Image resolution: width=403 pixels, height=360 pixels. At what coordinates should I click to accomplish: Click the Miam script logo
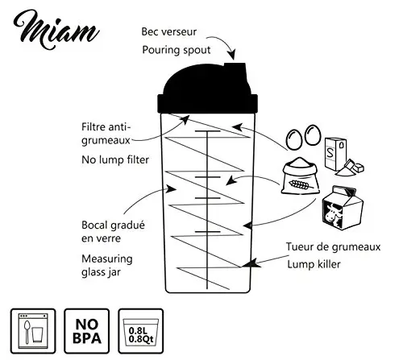(56, 30)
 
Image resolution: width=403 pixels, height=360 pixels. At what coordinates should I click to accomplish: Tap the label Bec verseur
(169, 31)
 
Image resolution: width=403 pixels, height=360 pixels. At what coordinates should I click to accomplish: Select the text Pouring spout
(177, 50)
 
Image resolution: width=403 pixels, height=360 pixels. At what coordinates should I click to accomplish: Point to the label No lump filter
(115, 160)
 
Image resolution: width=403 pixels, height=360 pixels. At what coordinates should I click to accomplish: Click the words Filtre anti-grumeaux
(106, 134)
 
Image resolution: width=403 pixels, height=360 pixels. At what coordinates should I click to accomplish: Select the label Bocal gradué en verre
(113, 231)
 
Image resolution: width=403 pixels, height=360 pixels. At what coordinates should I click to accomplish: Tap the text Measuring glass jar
(107, 266)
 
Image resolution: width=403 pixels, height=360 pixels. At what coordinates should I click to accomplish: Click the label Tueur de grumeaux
(333, 247)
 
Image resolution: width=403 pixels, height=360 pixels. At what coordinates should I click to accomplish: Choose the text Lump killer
(314, 264)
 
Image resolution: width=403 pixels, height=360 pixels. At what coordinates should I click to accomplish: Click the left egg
(294, 139)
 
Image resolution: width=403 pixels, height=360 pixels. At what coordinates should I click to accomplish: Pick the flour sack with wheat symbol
(300, 176)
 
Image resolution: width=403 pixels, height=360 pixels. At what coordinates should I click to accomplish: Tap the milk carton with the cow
(343, 208)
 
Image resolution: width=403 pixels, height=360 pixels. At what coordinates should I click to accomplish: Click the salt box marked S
(335, 154)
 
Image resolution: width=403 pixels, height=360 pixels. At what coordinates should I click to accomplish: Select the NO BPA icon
(86, 331)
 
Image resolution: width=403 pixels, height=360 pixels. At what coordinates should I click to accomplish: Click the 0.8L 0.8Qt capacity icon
(140, 331)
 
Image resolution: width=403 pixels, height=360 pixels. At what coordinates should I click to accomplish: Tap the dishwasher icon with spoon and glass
(33, 331)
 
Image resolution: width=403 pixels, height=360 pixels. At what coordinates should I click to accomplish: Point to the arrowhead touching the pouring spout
(231, 54)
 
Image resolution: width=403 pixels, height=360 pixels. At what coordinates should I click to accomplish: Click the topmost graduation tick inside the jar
(208, 131)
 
